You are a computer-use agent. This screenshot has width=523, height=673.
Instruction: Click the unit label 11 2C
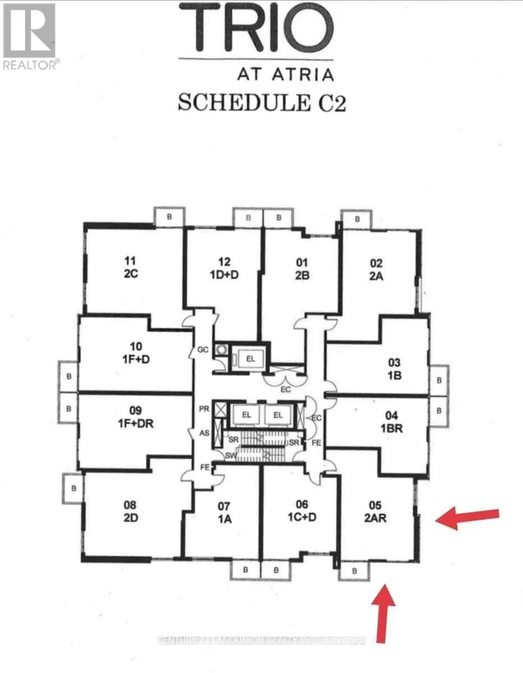131,268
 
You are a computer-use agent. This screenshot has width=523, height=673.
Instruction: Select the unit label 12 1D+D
224,268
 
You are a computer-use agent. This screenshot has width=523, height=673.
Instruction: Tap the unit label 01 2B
302,269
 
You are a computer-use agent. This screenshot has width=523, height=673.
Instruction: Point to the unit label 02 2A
376,269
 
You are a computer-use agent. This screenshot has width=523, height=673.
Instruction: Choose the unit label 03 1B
394,369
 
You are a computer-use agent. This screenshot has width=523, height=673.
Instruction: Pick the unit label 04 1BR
391,422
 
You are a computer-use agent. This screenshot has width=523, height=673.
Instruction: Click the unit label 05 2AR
375,511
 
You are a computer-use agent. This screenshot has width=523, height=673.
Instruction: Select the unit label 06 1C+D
302,511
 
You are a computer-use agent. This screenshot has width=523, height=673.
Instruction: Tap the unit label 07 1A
224,513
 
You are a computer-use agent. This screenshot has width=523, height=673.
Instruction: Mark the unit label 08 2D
131,511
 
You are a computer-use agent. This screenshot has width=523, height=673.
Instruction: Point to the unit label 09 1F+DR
136,417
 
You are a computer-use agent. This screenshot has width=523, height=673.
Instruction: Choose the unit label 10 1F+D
136,353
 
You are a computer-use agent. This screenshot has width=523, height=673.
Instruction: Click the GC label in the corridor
203,349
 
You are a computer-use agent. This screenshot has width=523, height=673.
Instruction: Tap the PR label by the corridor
204,409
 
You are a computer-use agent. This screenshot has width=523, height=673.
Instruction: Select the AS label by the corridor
204,433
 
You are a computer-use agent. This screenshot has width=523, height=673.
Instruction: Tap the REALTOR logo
30,36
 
